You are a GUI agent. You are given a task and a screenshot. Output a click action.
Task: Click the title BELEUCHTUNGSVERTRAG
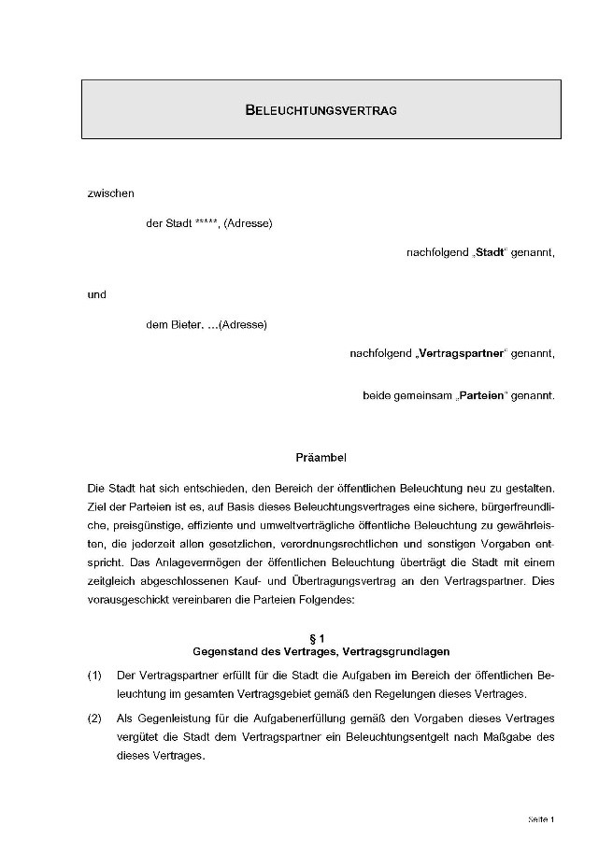321,110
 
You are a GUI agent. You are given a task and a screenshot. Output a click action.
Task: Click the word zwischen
110,194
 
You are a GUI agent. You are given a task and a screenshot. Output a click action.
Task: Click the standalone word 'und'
96,295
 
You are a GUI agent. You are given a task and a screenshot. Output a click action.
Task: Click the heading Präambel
321,458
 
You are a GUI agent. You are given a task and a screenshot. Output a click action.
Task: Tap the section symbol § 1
321,637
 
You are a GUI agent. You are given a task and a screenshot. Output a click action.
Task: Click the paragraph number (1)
94,675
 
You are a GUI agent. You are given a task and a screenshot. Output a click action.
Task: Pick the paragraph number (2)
94,719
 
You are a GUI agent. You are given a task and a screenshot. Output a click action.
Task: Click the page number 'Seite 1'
541,819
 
